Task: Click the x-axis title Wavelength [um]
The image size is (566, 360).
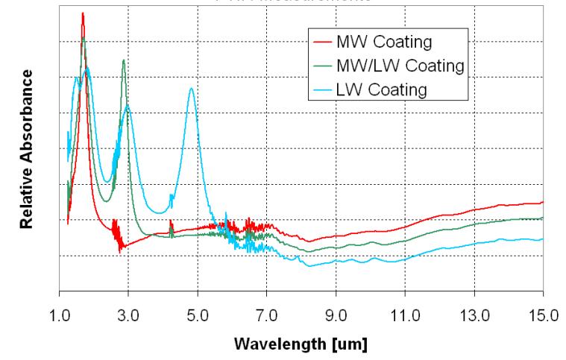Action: click(x=301, y=345)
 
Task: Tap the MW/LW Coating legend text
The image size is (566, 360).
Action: click(x=400, y=64)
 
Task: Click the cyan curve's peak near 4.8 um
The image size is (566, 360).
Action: click(x=192, y=88)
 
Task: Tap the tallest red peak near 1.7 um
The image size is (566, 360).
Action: click(x=83, y=13)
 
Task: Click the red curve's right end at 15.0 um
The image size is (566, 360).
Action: click(x=542, y=202)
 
